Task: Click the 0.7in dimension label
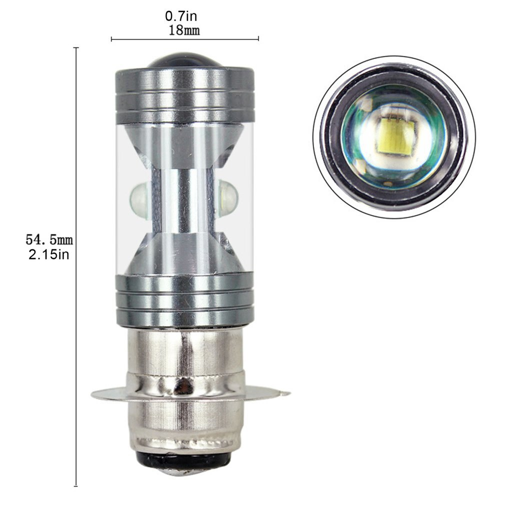pos(184,16)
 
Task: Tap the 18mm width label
pos(184,30)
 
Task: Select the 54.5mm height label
pos(49,240)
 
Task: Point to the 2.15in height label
pos(49,254)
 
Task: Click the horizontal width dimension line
pos(184,38)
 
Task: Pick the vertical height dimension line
pos(76,265)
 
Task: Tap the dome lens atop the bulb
pos(184,60)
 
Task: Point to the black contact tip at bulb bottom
pos(185,463)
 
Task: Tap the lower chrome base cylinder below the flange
pos(185,422)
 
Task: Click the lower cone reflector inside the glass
pos(184,255)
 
